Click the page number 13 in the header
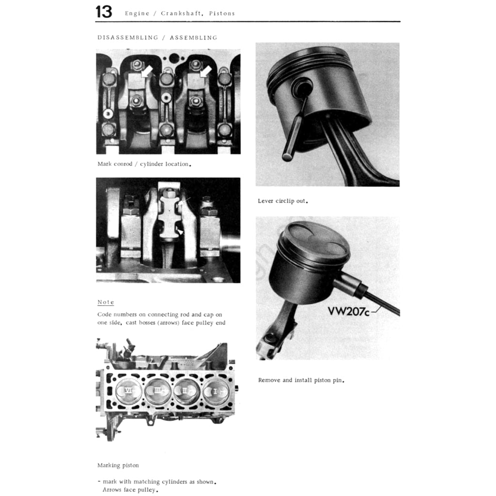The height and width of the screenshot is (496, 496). [104, 12]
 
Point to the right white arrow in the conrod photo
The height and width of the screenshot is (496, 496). [206, 72]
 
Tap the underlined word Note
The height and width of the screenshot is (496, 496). [106, 302]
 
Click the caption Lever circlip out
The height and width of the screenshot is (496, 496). [283, 201]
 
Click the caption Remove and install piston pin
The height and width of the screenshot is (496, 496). [301, 380]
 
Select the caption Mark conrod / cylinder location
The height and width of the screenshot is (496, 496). [144, 164]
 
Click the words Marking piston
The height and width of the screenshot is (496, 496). [118, 465]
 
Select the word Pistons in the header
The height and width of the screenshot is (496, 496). [222, 14]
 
